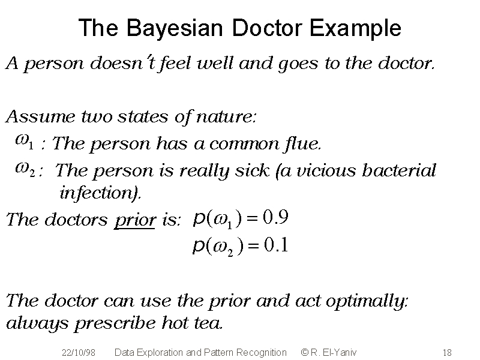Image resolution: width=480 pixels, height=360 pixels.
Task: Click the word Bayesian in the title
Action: coord(175,28)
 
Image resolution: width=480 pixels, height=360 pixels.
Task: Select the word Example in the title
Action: coord(355,28)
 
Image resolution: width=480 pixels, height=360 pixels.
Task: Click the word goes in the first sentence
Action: coord(298,64)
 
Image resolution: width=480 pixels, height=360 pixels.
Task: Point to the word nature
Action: coord(226,117)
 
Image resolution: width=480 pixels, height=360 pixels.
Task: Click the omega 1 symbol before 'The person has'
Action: coord(24,142)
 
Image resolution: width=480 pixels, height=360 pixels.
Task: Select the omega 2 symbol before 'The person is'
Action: coord(25,169)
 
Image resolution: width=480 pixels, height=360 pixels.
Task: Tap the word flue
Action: coord(303,143)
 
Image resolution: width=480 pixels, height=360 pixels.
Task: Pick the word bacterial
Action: coord(399,170)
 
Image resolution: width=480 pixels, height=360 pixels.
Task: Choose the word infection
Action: coord(100,193)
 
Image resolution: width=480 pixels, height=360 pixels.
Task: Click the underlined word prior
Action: coord(134,220)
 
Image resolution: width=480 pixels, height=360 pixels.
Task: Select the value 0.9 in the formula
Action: coord(275,217)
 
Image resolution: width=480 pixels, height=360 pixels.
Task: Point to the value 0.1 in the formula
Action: coord(276,245)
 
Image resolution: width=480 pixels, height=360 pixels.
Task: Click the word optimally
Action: coord(367,301)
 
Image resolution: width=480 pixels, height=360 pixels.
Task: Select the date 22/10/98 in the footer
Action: coord(79,353)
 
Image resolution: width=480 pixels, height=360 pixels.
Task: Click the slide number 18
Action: coord(447,353)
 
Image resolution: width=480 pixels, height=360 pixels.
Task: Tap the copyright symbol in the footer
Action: coord(305,352)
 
